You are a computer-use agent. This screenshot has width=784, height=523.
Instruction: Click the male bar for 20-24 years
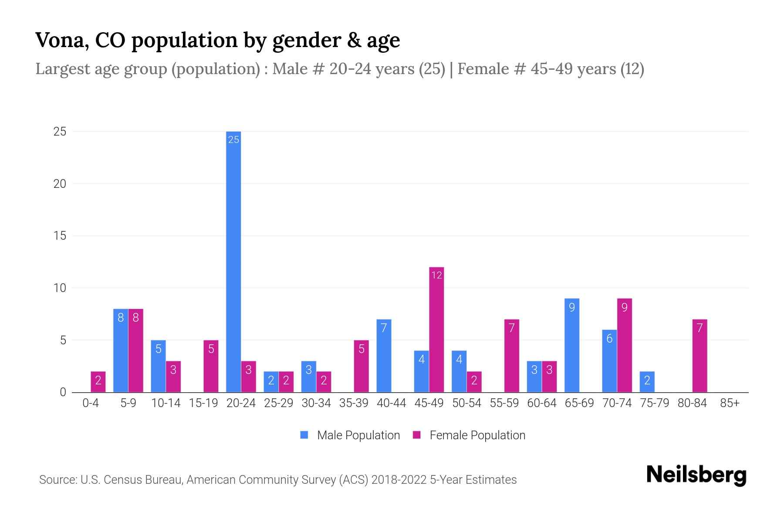pyautogui.click(x=233, y=261)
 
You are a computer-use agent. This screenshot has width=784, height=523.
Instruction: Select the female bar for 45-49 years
pyautogui.click(x=436, y=329)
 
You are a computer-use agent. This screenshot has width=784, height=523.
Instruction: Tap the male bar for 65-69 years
pyautogui.click(x=572, y=345)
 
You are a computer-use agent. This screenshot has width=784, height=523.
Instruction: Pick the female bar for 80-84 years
pyautogui.click(x=700, y=356)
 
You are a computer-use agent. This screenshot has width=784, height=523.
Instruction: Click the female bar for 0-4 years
pyautogui.click(x=98, y=382)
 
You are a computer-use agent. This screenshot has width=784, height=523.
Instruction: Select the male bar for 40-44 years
pyautogui.click(x=384, y=356)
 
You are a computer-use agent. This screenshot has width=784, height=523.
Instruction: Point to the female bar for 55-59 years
pyautogui.click(x=512, y=356)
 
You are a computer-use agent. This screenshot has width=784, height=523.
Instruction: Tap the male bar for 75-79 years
pyautogui.click(x=647, y=382)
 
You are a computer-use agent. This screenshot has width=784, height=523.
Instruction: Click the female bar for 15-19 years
pyautogui.click(x=211, y=366)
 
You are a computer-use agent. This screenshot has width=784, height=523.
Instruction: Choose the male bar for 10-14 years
pyautogui.click(x=159, y=366)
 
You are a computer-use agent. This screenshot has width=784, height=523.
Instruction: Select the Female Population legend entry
pyautogui.click(x=469, y=435)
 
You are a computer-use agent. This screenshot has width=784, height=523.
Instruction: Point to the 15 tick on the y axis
pyautogui.click(x=60, y=236)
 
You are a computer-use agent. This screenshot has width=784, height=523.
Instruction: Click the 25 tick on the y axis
pyautogui.click(x=60, y=132)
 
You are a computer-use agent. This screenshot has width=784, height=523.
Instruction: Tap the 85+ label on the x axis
pyautogui.click(x=730, y=403)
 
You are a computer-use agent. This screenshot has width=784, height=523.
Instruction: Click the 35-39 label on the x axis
pyautogui.click(x=354, y=403)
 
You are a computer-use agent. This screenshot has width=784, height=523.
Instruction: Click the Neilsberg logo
pyautogui.click(x=696, y=475)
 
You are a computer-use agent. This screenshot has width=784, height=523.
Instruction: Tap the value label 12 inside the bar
pyautogui.click(x=436, y=275)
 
